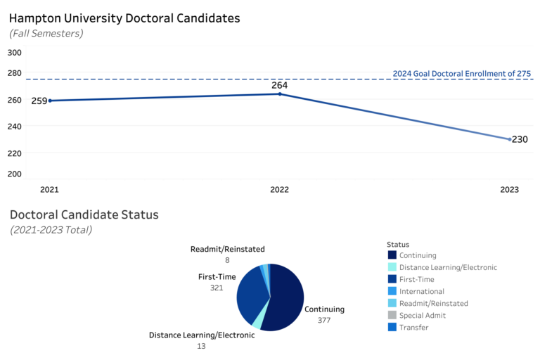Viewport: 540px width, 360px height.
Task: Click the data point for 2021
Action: [50, 101]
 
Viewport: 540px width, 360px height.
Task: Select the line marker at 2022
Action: [280, 94]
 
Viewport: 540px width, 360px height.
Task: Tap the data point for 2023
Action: [510, 139]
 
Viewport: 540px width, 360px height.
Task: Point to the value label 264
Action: [280, 84]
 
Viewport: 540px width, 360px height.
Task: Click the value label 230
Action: [520, 140]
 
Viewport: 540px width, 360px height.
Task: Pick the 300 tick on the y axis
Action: [15, 52]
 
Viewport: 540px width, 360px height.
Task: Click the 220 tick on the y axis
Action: [15, 153]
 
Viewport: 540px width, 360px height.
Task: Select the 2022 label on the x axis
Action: [280, 190]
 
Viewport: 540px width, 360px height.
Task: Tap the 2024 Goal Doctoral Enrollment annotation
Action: [461, 73]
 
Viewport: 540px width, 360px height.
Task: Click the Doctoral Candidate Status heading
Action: [84, 214]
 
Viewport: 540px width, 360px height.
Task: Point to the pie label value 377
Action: [324, 321]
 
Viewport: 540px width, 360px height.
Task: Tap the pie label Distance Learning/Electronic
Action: [201, 335]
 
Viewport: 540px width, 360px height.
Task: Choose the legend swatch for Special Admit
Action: [392, 315]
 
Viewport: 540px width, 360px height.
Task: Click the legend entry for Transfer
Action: [413, 327]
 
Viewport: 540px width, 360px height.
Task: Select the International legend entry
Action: [421, 291]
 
